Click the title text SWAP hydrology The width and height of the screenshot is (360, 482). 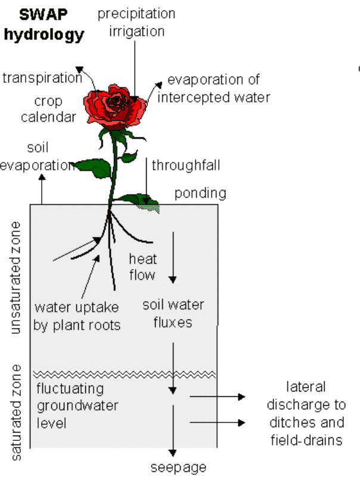point(44,25)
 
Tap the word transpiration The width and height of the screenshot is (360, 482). point(42,78)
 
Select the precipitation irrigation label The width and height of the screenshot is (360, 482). point(136,22)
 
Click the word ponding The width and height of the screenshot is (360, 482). point(200,193)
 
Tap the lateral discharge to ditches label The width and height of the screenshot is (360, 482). point(306,414)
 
